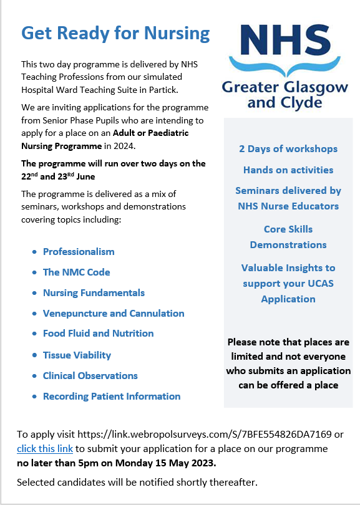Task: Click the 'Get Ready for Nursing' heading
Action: (115, 33)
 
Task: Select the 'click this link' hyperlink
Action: (45, 449)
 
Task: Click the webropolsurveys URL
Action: (212, 435)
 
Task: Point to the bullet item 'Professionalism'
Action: (79, 252)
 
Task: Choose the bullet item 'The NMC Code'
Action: (76, 272)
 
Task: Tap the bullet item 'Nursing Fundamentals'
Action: (94, 293)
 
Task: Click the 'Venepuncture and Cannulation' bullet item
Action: (114, 314)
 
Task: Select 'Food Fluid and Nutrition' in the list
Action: (98, 334)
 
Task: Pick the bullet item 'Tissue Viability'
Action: (77, 355)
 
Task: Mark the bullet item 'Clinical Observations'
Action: (90, 376)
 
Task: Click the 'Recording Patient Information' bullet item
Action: (112, 397)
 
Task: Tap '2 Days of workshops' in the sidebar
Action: (288, 149)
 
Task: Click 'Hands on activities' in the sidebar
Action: (288, 170)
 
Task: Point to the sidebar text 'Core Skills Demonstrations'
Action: (288, 237)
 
